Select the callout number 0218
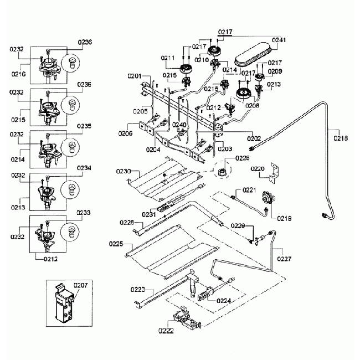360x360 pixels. pyautogui.click(x=341, y=138)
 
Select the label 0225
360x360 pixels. pyautogui.click(x=116, y=243)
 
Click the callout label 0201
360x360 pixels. pyautogui.click(x=135, y=75)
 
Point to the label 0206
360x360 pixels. pyautogui.click(x=125, y=133)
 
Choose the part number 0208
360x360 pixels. pyautogui.click(x=253, y=105)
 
